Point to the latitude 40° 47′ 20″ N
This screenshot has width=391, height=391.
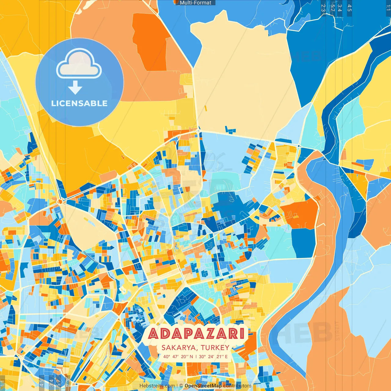pos(178,356)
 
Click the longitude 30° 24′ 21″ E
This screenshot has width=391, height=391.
pos(213,356)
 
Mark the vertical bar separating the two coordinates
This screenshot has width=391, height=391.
pos(196,356)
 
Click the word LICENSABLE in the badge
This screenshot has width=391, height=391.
pos(79,103)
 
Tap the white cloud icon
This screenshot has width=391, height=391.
pos(79,64)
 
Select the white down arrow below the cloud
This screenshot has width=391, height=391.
pos(75,87)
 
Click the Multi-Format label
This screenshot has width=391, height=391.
pos(195,3)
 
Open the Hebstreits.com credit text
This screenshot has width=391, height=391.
pos(157,386)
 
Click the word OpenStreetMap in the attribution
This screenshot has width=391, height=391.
pos(203,386)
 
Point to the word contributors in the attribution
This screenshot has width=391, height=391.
pos(237,386)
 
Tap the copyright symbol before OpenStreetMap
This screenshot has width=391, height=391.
pos(181,386)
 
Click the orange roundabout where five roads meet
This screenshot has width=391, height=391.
pos(60,201)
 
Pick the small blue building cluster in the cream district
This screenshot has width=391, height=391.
pos(230,130)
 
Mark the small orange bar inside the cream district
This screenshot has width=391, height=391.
pos(206,108)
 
